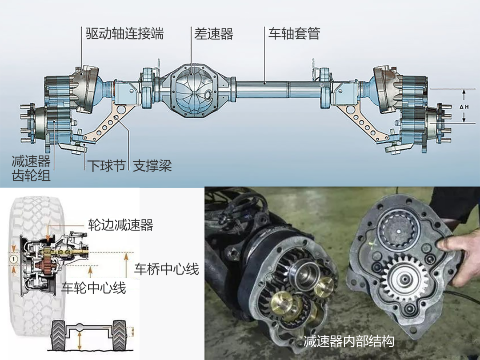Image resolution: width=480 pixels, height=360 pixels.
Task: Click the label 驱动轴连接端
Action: point(124,34)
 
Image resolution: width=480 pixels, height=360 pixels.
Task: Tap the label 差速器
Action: point(214,34)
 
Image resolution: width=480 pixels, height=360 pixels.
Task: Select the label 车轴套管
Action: point(294,34)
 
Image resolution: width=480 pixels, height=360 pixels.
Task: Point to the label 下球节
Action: point(107,166)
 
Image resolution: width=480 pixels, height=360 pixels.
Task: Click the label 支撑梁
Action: point(152,166)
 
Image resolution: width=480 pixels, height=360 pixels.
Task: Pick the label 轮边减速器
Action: point(120,225)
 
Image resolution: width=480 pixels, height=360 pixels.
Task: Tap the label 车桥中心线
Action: point(167,269)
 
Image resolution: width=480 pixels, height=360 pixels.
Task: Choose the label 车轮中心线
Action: point(94,288)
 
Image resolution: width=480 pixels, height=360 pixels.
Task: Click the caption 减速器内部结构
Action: point(349,341)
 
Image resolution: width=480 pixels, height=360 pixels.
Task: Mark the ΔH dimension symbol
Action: point(464,107)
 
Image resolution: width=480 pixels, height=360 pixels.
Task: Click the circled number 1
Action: point(13,259)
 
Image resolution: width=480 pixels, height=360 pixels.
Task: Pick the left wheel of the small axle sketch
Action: point(59,335)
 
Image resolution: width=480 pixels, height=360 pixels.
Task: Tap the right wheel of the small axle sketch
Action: point(120,335)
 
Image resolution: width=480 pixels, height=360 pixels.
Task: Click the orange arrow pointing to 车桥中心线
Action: point(126,265)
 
